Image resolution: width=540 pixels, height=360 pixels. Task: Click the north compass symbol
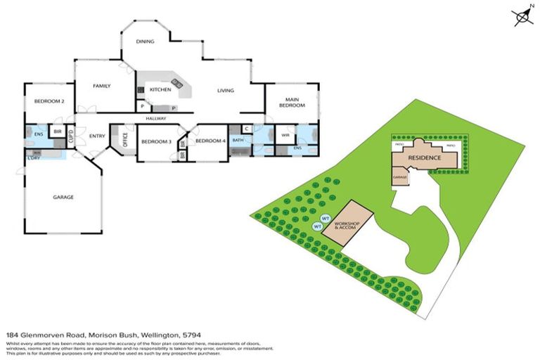point(522,16)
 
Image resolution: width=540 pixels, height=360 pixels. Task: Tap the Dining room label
point(145,42)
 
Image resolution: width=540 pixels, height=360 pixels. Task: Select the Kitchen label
point(160,90)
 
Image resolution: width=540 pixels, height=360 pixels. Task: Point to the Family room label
point(103,86)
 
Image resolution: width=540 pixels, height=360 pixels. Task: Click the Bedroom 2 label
point(50,101)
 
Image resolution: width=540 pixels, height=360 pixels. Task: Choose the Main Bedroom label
point(291,102)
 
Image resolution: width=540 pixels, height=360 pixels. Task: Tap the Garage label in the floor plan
point(63,197)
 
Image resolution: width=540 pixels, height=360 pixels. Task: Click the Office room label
point(126,140)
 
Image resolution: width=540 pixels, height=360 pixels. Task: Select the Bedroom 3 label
point(156,141)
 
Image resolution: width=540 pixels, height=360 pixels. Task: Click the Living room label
point(225,90)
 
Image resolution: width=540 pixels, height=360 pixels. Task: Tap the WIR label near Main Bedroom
point(285,135)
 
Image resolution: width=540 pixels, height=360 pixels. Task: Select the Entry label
point(97,136)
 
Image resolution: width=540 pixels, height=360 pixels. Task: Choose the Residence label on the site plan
point(425,158)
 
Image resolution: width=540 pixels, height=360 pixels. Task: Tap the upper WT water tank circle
point(326,218)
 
